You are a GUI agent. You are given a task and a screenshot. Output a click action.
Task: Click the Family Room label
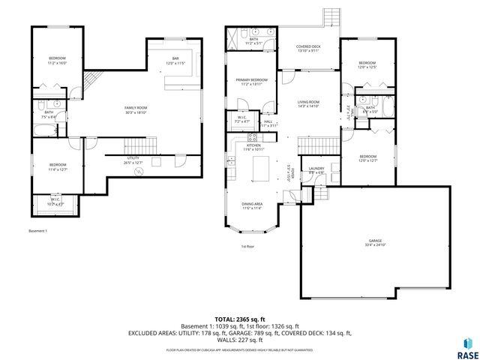coord(136,109)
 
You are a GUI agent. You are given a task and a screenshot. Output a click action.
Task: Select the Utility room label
coord(133,160)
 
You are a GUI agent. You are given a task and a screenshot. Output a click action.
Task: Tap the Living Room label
coord(308,103)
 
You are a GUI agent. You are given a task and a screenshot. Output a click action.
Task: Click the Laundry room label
coord(315,170)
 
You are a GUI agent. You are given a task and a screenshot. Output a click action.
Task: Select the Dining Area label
coord(251,205)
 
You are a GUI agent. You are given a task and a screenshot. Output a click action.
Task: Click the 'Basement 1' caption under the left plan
coord(37,231)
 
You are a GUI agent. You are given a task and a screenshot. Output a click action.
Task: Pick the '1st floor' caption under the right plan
coord(247,246)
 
